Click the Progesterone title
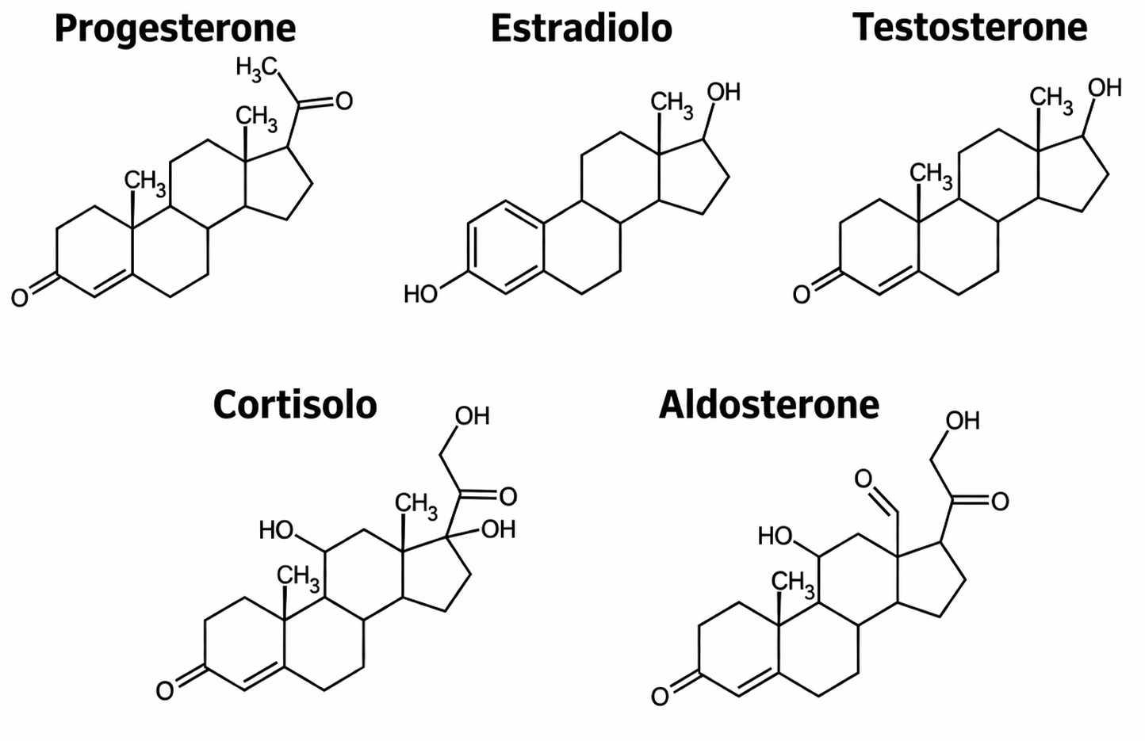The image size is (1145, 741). point(175,29)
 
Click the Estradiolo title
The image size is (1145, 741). point(581,29)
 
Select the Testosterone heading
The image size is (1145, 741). point(970,28)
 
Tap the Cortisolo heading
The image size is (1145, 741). point(294,405)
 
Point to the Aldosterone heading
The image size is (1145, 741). point(768,405)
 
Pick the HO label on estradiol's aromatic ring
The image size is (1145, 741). point(420,295)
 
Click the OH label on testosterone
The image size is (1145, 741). point(1105,87)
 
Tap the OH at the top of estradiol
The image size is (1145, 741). point(723,92)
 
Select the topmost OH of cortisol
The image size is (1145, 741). point(472,416)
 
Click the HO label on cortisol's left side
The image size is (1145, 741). point(277,530)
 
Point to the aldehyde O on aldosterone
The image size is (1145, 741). point(863,479)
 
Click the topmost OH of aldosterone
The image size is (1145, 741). point(963,420)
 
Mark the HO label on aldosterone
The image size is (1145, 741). point(775,537)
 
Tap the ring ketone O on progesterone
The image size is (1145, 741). point(20,298)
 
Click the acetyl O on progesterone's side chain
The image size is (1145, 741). point(343,101)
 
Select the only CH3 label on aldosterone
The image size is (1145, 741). point(793,585)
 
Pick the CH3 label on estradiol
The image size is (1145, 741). point(672,104)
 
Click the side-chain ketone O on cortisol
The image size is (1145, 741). point(507,497)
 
